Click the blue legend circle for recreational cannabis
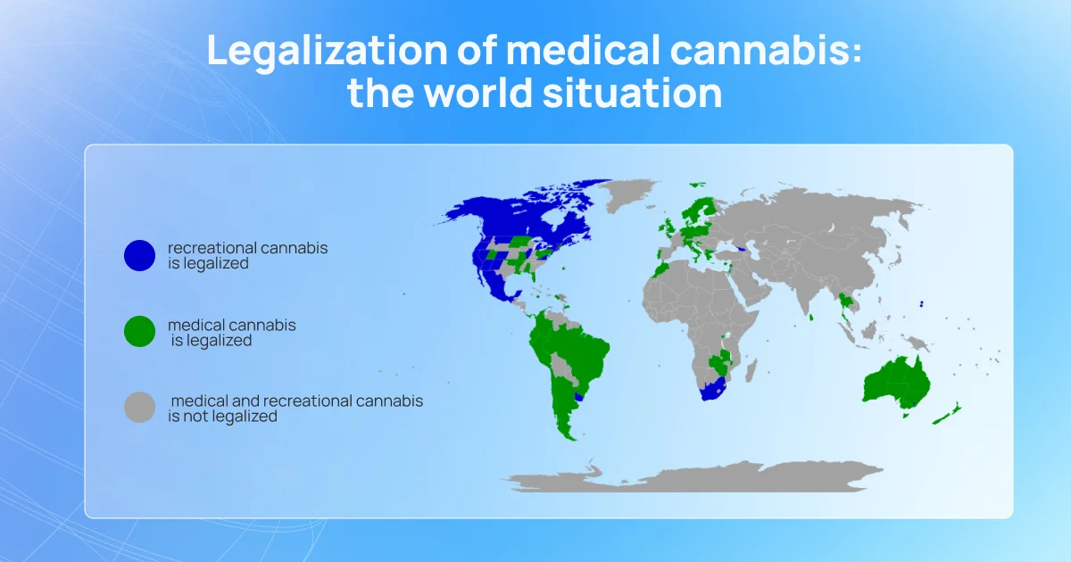tap(139, 256)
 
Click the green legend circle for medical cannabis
tap(139, 331)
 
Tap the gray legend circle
tap(139, 407)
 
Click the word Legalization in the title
tap(327, 52)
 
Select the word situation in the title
tap(632, 93)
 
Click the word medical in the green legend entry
tap(193, 325)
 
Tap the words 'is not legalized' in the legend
tap(222, 417)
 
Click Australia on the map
tap(895, 384)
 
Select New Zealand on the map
tap(948, 414)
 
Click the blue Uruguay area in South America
tap(579, 397)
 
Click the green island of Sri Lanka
tap(811, 318)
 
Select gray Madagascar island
tap(751, 371)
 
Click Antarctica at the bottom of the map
tap(694, 478)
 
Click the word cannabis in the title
tap(766, 50)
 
